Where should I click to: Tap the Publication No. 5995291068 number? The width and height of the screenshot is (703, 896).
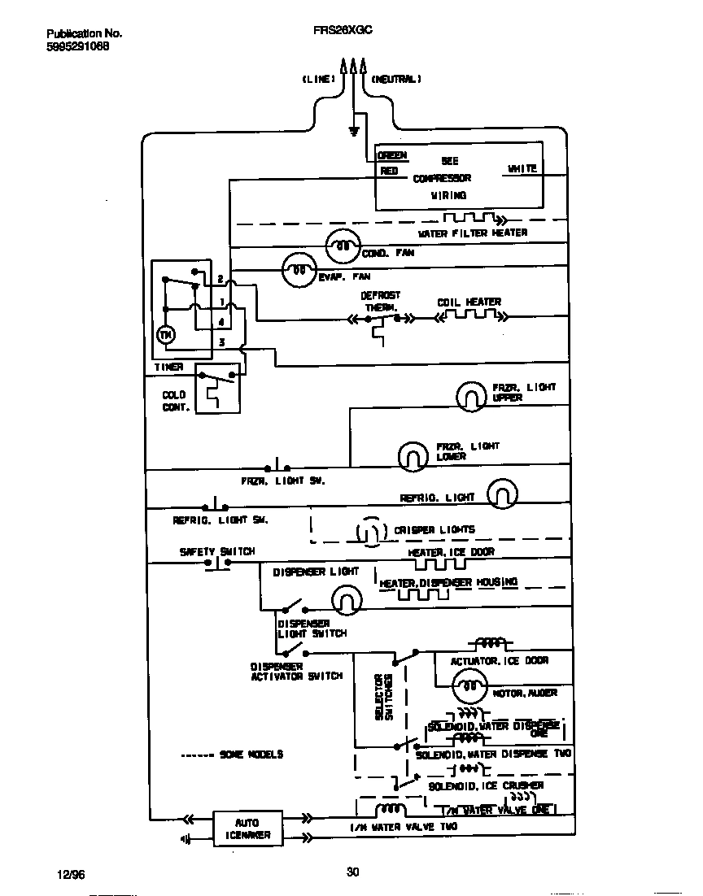click(x=78, y=46)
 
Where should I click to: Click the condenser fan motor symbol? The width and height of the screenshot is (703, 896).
click(x=343, y=246)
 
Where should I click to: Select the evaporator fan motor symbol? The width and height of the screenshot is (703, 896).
click(x=299, y=268)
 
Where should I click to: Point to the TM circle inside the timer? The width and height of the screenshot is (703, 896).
click(x=165, y=335)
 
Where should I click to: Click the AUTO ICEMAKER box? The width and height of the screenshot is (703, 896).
click(x=247, y=829)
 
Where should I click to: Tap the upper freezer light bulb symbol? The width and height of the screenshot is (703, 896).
click(x=469, y=396)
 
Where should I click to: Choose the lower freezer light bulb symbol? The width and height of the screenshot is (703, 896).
click(x=413, y=456)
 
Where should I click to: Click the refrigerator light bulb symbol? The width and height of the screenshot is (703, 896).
click(x=501, y=494)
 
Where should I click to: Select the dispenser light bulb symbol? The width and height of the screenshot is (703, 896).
click(x=346, y=600)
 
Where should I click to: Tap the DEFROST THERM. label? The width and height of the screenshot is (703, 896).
click(x=380, y=302)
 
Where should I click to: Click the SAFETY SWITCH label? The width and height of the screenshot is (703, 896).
click(x=217, y=551)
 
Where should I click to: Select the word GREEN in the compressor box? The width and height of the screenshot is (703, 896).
click(x=391, y=155)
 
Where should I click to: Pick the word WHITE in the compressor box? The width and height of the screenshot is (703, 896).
click(x=522, y=168)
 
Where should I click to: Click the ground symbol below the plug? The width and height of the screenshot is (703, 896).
click(x=353, y=130)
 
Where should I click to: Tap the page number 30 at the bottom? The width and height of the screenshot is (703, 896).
click(x=352, y=872)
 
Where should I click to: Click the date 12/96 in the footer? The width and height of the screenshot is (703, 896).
click(x=71, y=874)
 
